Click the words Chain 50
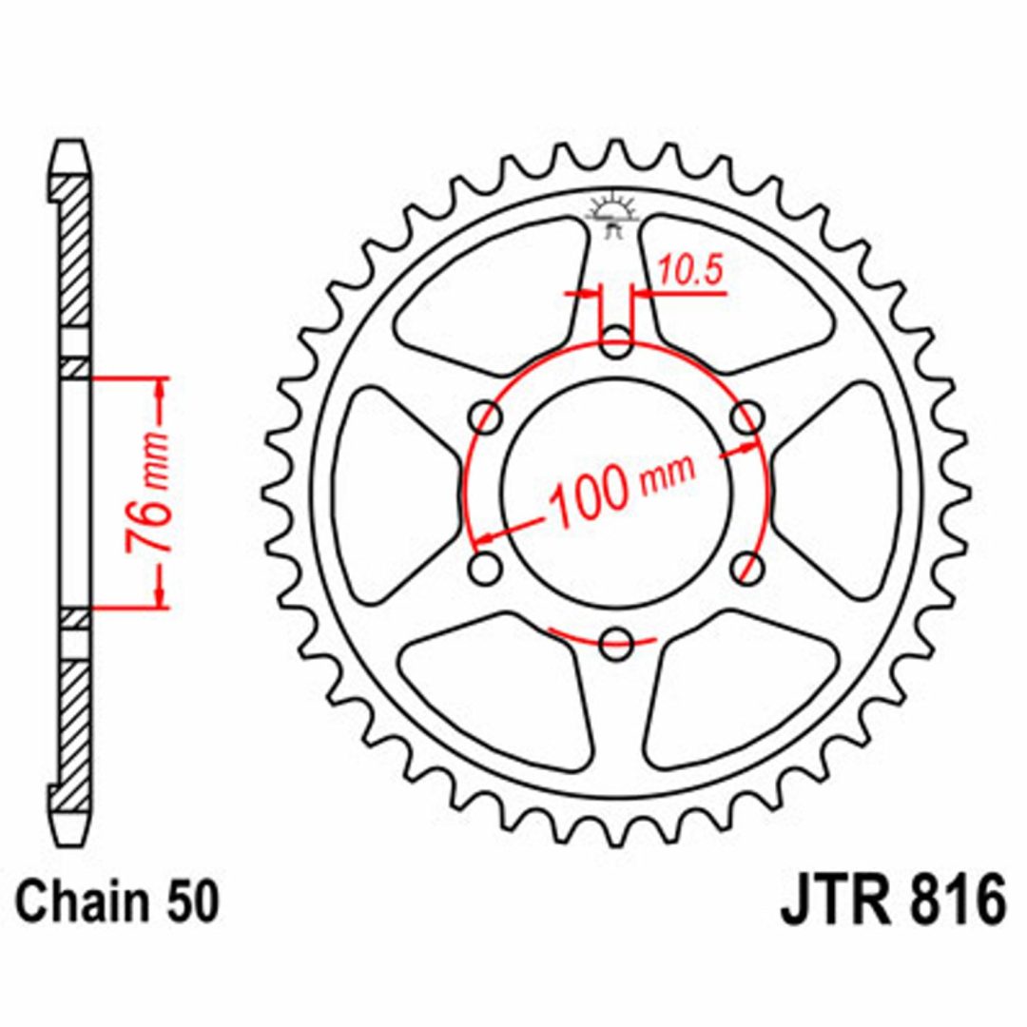(x=117, y=902)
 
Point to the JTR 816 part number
(x=892, y=901)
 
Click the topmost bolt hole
(x=615, y=342)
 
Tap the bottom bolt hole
(x=615, y=643)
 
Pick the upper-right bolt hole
(x=747, y=417)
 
